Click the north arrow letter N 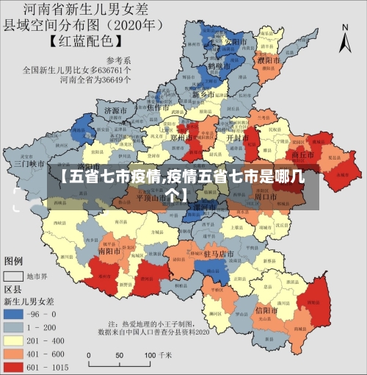[x=345, y=27]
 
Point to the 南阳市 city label [x=112, y=250]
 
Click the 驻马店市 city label [x=218, y=254]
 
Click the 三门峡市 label [x=28, y=163]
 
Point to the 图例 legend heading [x=14, y=261]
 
